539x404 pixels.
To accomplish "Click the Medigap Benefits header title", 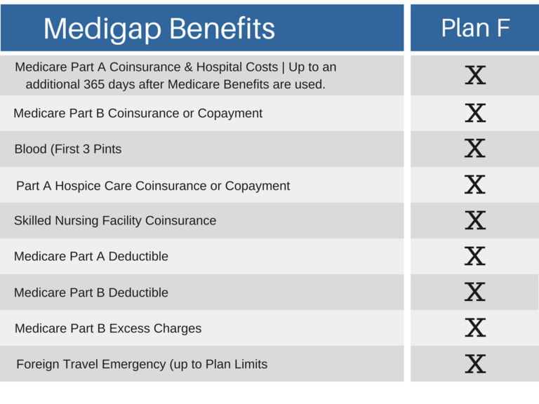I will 159,29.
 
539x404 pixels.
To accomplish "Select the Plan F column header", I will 475,27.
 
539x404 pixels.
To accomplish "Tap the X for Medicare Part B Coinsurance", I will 475,112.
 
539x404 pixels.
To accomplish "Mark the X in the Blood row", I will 475,149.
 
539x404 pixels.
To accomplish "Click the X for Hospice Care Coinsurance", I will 475,184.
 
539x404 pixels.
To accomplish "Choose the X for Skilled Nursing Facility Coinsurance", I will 475,220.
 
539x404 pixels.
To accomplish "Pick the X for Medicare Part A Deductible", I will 475,256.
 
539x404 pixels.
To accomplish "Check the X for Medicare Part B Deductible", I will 475,292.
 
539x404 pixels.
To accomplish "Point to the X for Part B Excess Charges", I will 475,328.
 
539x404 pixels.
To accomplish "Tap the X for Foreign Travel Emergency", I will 475,363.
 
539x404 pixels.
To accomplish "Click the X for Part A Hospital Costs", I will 475,74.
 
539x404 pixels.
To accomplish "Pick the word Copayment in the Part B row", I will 230,113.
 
